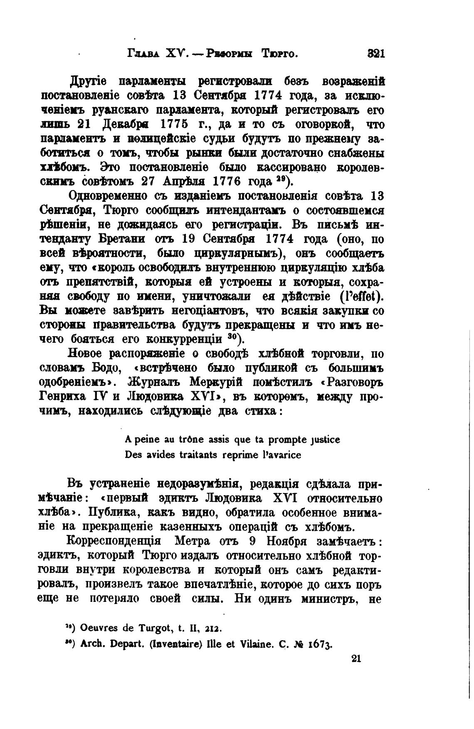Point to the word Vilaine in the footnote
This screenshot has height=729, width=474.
[x=256, y=645]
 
